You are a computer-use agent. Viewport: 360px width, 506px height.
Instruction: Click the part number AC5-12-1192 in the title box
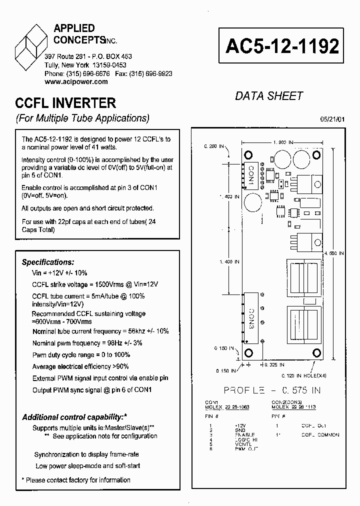282,46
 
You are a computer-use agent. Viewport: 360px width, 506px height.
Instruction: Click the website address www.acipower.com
76,81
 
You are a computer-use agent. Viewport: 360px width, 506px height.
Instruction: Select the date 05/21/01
332,119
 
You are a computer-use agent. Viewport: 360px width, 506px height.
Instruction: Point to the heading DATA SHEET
269,96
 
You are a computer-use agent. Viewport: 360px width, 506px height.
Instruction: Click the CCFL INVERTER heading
65,103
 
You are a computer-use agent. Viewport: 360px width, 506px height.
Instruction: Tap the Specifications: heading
48,262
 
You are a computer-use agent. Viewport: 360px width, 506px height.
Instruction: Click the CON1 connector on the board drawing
251,176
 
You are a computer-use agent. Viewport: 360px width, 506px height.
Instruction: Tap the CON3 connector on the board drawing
251,319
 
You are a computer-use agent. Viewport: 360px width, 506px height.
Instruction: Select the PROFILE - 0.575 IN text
272,390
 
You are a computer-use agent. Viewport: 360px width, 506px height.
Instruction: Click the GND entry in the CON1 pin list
239,430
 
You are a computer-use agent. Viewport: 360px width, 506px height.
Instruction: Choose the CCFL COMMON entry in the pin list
320,434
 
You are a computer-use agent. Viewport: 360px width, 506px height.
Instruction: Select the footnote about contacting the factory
76,480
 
